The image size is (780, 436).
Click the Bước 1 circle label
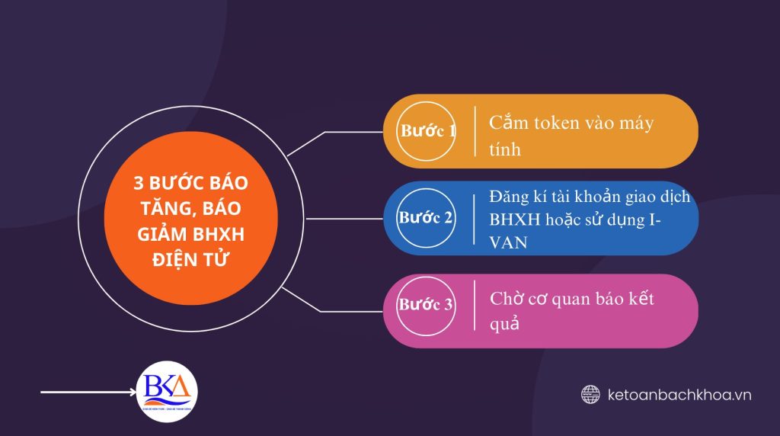click(x=427, y=131)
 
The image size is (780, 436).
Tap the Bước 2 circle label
click(x=426, y=218)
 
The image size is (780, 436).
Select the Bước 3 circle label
click(x=426, y=305)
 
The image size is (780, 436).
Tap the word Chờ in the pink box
click(x=507, y=298)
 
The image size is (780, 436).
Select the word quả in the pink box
click(x=504, y=323)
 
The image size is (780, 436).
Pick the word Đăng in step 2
click(x=511, y=197)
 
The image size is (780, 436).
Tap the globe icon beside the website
click(x=590, y=394)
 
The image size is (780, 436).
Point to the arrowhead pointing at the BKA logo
click(x=130, y=393)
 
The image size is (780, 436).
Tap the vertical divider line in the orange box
click(x=476, y=131)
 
